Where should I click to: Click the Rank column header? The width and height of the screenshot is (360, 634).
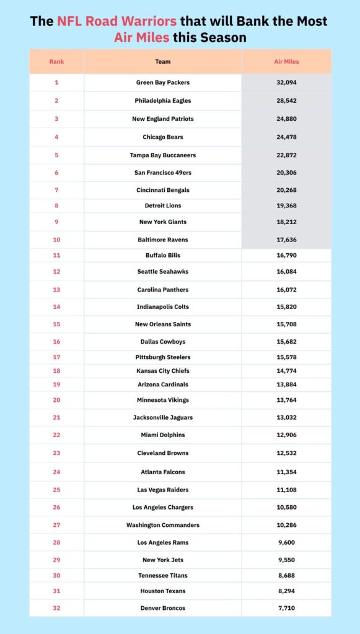56,62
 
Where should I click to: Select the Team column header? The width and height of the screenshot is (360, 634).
163,62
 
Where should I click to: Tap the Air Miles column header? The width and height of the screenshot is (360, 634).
286,62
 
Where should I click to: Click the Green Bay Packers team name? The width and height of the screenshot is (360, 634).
163,82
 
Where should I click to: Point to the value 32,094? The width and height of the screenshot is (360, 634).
286,82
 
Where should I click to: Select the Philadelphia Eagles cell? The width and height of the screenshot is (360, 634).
163,100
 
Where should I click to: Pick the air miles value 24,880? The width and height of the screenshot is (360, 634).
286,119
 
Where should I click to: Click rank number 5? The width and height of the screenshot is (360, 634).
56,155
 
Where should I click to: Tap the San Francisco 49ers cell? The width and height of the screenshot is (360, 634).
163,173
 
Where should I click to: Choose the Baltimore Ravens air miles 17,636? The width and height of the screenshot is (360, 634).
286,240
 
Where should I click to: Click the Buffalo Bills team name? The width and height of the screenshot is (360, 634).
163,255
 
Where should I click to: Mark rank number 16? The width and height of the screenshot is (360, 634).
56,342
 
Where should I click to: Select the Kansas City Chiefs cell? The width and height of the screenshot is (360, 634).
163,371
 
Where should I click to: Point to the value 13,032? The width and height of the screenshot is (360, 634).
286,417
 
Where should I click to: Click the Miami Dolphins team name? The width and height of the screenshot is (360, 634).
163,435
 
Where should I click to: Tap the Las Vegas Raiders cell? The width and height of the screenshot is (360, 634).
163,490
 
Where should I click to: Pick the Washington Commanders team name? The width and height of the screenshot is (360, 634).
163,525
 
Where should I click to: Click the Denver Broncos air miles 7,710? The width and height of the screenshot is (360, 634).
286,608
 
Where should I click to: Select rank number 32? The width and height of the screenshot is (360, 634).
56,608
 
